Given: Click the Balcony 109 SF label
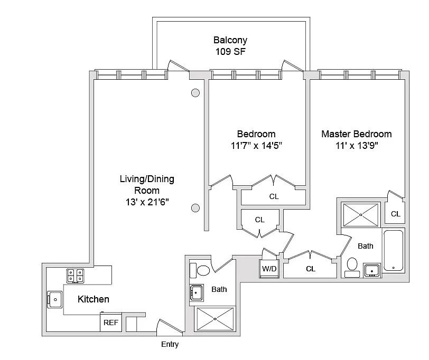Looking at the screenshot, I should coord(230,46).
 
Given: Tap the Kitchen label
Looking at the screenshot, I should coord(94,299).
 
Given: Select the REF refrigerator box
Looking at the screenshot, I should coord(110,323).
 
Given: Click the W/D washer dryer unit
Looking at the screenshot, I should coord(269,268).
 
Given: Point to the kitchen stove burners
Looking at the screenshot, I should coord(74,275).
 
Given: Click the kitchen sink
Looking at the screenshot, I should coord(54,299).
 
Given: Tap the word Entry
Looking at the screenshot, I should coord(170,345).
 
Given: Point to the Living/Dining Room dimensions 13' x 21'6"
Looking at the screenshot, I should coord(147,202).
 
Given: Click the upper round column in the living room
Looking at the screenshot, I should coord(195,93).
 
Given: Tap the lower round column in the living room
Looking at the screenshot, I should coord(195,207).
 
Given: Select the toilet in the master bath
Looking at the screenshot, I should coord(352,266).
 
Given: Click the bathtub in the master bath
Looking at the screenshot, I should coord(393,250).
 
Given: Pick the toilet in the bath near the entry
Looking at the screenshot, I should coord(202,271).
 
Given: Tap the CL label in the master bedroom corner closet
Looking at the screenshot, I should coord(395,214).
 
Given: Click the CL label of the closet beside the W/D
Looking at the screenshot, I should coord(311,269).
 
